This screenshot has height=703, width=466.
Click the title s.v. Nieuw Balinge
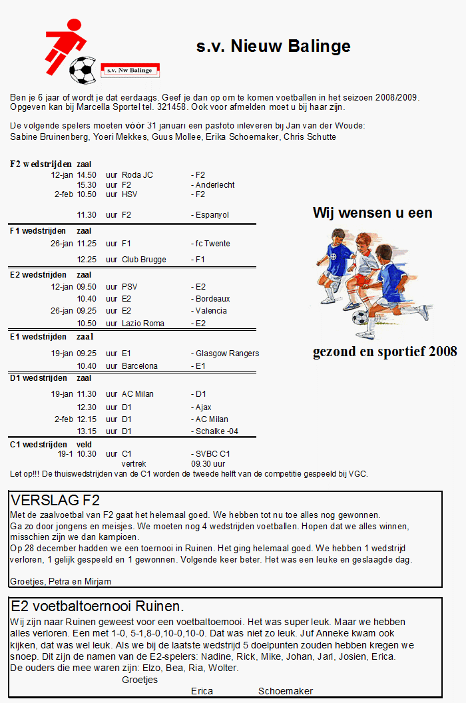point(273,46)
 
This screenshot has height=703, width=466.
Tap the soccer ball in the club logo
point(83,69)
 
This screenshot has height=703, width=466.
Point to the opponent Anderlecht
point(214,185)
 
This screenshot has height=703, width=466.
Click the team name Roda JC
point(137,175)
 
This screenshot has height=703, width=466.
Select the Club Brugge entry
point(144,260)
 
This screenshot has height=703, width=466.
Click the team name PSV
point(130,287)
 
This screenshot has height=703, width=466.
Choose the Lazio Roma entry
point(142,324)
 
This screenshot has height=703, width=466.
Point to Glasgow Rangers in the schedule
point(227,353)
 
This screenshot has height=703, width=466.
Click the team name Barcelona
point(140,366)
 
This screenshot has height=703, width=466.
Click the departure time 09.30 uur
point(208,463)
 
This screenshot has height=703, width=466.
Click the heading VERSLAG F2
point(55,501)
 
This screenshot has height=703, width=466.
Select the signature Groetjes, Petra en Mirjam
point(61,581)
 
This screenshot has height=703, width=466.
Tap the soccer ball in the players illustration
point(360,317)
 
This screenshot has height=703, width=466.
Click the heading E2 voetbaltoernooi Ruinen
point(97,606)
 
